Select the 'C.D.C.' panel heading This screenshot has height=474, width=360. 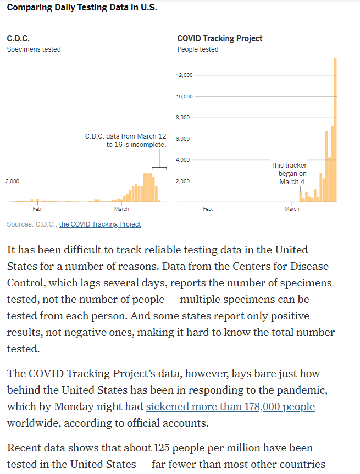point(18,38)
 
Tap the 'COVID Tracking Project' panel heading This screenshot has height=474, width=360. point(219,38)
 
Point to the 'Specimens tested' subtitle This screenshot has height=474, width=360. point(34,49)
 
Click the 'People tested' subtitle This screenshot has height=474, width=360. point(197,49)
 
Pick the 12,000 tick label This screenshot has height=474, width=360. point(184,75)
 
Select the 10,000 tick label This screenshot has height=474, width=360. point(184,97)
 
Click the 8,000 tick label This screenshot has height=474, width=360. point(184,118)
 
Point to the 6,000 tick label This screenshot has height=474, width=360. point(184,139)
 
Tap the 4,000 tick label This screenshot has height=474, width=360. point(184,160)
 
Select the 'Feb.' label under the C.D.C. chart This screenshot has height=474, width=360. point(37,209)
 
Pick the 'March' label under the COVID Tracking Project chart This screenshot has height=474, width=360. point(292,209)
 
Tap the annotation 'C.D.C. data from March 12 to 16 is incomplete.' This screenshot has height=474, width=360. point(125,140)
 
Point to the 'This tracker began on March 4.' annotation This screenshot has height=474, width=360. point(289,173)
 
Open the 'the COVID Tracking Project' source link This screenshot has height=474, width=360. point(99,224)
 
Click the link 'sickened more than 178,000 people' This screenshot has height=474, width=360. point(230,407)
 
